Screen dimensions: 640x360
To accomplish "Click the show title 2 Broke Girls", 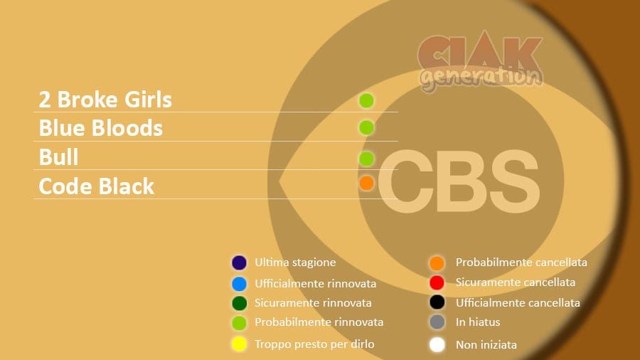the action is [105, 100].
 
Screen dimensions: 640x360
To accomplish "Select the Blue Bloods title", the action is [101, 128].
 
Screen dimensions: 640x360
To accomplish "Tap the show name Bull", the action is [58, 157].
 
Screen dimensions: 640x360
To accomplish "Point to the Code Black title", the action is [96, 186].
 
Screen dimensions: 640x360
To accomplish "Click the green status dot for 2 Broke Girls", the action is [366, 100].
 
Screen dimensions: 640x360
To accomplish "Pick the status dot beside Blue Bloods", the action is [366, 128].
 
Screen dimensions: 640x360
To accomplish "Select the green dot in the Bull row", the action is [366, 159].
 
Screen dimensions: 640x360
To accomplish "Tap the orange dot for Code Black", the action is [366, 184].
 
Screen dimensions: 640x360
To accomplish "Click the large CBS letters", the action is [459, 181].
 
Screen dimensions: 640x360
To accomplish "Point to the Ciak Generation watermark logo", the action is [481, 60].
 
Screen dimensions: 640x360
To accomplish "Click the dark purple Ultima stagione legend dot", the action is [239, 263].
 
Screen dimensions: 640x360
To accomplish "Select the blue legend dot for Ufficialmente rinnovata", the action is [239, 284].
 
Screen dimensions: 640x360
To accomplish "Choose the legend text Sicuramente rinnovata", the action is [313, 303].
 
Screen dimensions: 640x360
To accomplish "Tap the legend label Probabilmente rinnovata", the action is [319, 322].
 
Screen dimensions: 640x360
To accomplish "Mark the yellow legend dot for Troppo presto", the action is [239, 344].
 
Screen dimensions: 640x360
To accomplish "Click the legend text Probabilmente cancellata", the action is [522, 263].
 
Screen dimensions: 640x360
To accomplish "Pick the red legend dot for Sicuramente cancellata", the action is [437, 282].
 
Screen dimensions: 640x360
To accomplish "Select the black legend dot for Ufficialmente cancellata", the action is [437, 302].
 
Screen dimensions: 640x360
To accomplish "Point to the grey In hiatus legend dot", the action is [437, 322].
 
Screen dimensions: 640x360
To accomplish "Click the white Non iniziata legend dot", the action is [437, 344].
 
